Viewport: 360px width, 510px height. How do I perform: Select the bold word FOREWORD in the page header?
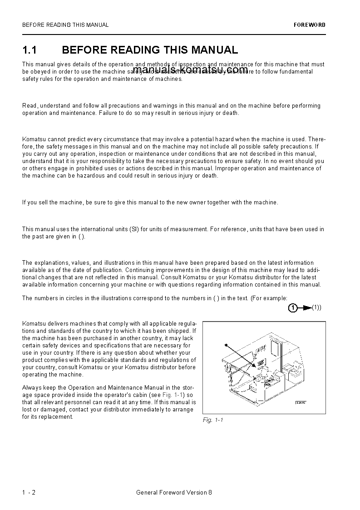pos(310,25)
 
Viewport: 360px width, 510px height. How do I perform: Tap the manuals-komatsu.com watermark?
pos(191,69)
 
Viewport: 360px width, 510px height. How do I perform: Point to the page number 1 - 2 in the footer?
pos(29,492)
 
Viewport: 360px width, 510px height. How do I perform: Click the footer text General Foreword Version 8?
pos(174,492)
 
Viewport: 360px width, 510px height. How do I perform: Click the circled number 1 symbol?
pos(293,308)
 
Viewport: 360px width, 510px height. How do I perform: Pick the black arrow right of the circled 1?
pos(306,308)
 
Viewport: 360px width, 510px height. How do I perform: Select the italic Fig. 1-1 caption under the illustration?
pos(212,420)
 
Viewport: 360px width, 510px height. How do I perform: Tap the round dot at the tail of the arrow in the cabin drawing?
pos(226,344)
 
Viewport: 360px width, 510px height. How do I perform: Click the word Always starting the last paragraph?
pos(31,388)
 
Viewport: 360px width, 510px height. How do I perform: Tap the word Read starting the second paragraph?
pos(30,106)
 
